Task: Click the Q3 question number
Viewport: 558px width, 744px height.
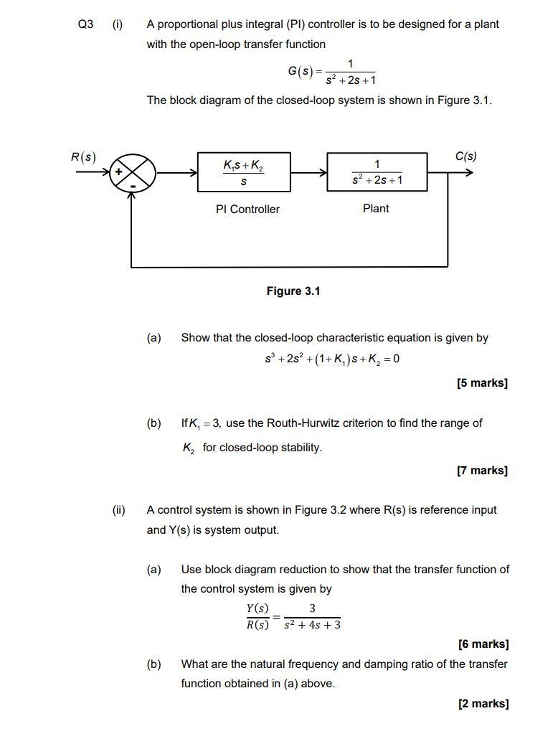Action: tap(85, 24)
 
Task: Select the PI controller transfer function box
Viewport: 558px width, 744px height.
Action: tap(244, 172)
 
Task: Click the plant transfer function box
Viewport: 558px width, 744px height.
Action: tap(377, 172)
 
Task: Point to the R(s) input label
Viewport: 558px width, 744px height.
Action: tap(83, 157)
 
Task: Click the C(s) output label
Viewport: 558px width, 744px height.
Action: tap(465, 156)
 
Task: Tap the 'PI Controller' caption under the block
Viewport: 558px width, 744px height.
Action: tap(247, 209)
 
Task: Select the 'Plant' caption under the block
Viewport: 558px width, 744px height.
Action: tap(376, 209)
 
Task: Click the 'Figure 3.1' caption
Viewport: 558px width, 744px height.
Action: tap(293, 291)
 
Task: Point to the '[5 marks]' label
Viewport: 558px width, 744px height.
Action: tap(482, 383)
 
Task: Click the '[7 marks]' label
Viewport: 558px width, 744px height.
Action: tap(482, 471)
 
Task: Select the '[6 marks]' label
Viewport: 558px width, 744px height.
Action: tap(483, 644)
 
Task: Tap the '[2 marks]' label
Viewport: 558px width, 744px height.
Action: tap(483, 704)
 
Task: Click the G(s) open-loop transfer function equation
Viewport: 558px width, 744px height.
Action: tap(332, 72)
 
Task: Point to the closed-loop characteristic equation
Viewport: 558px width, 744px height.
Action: tap(332, 359)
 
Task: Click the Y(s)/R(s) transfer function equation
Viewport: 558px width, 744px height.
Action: tap(293, 616)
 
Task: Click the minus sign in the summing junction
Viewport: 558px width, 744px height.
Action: tap(133, 186)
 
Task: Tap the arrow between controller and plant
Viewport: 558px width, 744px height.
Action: tap(308, 173)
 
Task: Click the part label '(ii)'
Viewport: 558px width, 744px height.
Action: tap(118, 510)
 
